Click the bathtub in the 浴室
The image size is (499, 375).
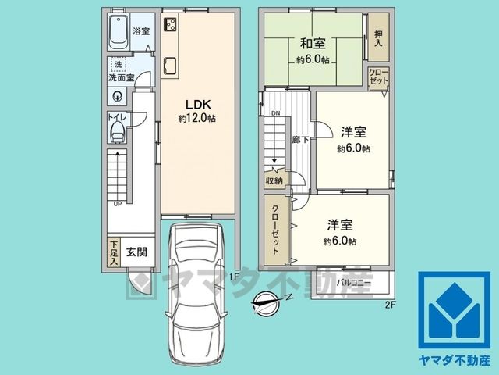click(x=119, y=31)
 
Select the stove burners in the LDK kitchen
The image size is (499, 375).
click(x=170, y=24)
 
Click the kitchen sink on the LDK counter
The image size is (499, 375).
click(x=170, y=66)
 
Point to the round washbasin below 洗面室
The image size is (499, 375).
click(x=118, y=96)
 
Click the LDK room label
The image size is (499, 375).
click(x=197, y=104)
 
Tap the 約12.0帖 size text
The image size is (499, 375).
click(x=197, y=119)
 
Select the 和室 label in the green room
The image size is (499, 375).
click(x=313, y=44)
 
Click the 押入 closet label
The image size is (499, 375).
click(x=378, y=38)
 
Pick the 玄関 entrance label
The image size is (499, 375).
click(x=137, y=252)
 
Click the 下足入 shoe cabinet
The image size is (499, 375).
click(x=114, y=252)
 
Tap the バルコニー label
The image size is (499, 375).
click(x=353, y=283)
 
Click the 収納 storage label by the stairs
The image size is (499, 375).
click(x=274, y=180)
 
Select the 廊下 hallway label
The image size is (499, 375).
click(x=300, y=139)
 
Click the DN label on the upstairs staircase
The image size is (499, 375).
click(x=276, y=113)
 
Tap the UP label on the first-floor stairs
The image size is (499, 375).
click(x=118, y=204)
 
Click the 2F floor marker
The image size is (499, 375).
click(x=390, y=305)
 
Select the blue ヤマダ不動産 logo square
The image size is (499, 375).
click(x=454, y=310)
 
